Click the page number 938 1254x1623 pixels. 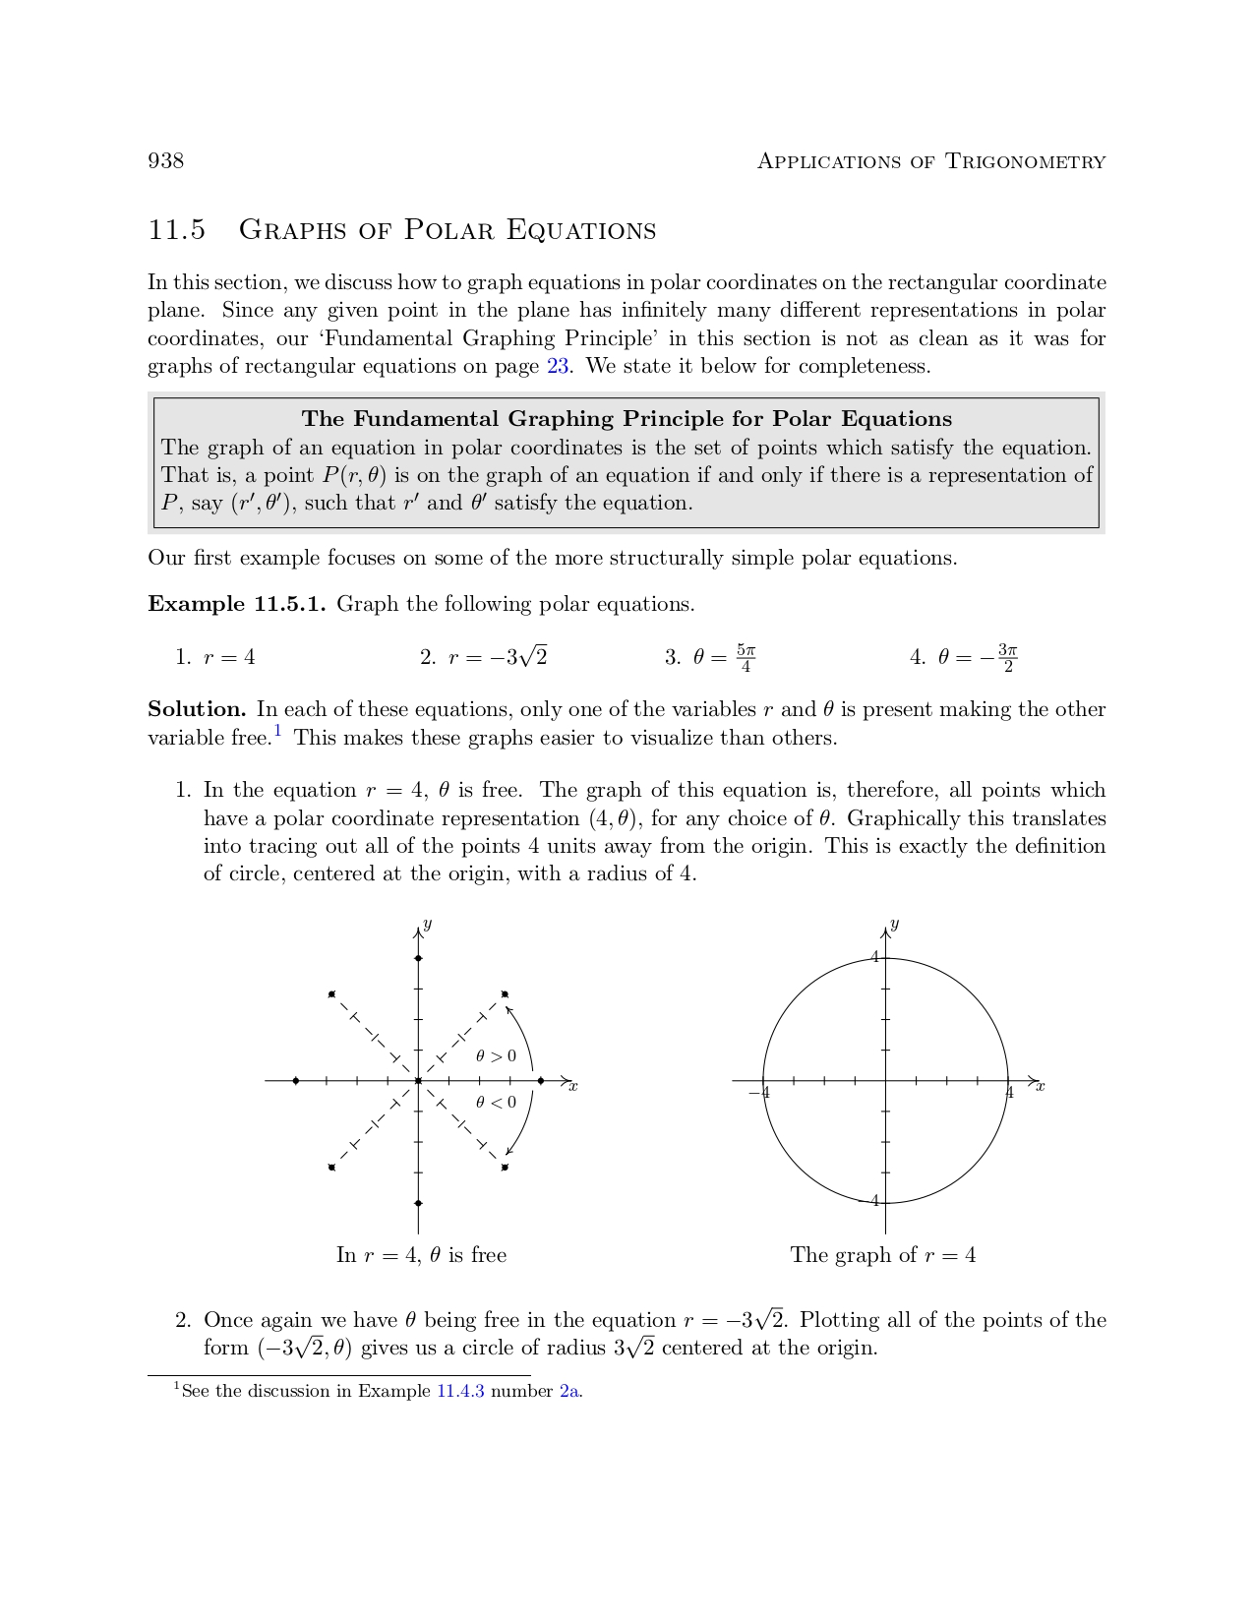pos(165,160)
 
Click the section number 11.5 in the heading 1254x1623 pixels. pos(177,230)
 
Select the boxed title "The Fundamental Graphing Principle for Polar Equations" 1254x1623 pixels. pos(627,419)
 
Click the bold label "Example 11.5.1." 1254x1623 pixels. pos(236,604)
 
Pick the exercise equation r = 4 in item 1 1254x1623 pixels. pos(229,658)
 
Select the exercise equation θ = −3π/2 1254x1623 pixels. pos(978,658)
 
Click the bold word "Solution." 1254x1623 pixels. pos(197,710)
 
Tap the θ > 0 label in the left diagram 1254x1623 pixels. pos(496,1056)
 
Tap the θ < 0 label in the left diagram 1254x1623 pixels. pos(496,1103)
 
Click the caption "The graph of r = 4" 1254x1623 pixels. pos(883,1255)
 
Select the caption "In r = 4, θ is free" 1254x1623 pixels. pos(421,1255)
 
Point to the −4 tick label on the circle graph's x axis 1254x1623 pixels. pos(758,1093)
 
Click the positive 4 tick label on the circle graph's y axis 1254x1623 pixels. pos(873,957)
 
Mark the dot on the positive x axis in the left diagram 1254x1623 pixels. pos(541,1081)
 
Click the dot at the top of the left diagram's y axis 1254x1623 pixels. pos(418,958)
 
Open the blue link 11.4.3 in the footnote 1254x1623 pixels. pos(460,1392)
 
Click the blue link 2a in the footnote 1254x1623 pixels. pos(569,1392)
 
